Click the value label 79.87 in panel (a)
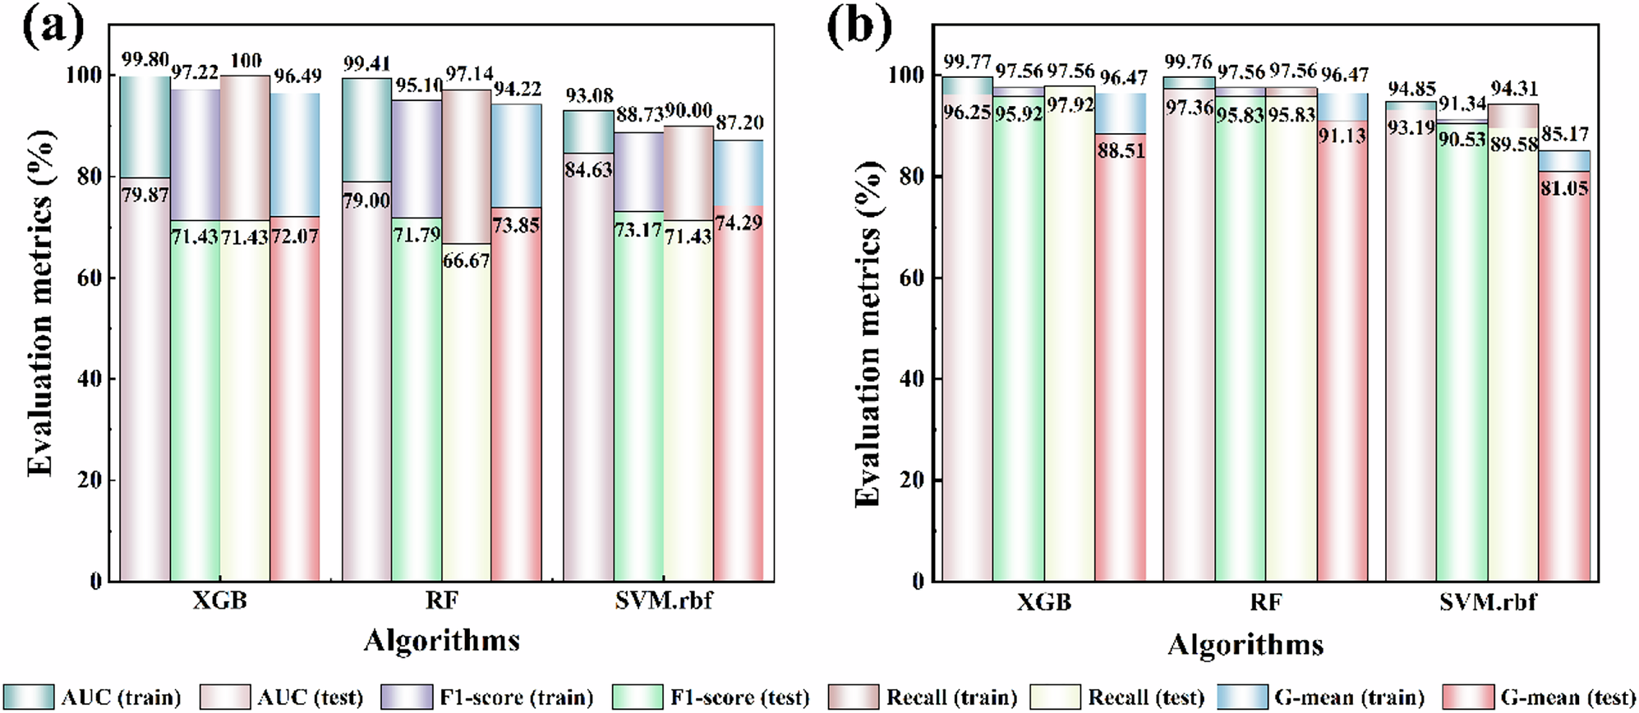[x=145, y=195]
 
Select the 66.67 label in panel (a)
[x=466, y=261]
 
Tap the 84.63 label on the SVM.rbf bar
[x=588, y=171]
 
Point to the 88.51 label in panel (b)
[x=1121, y=150]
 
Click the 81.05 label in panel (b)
[x=1564, y=188]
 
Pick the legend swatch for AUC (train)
[x=29, y=697]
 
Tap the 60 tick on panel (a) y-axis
[x=90, y=278]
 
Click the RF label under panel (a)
[x=441, y=601]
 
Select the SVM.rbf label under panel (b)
[x=1487, y=602]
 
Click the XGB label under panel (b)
[x=1043, y=602]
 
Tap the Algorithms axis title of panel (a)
[x=441, y=640]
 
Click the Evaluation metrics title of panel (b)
[x=868, y=333]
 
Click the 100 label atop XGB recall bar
[x=246, y=61]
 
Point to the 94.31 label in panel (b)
[x=1513, y=89]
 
